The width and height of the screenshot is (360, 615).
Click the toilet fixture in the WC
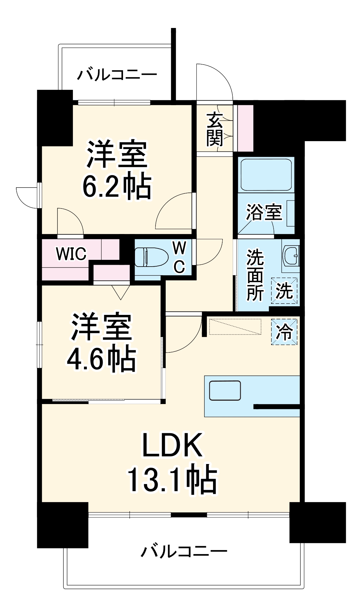click(x=151, y=257)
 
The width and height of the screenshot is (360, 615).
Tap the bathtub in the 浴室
click(x=266, y=175)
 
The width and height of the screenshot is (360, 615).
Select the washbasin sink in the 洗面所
click(x=291, y=255)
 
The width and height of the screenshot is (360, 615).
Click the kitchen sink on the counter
click(x=225, y=391)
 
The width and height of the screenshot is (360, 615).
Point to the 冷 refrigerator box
click(x=284, y=331)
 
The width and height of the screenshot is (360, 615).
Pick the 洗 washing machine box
click(x=284, y=291)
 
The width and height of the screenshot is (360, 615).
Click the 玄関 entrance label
click(x=215, y=129)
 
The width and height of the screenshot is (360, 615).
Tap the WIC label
click(x=71, y=254)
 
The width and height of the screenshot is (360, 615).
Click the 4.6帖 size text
click(x=101, y=359)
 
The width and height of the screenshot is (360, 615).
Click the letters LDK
click(x=172, y=445)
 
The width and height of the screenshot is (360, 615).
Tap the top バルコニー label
click(x=117, y=75)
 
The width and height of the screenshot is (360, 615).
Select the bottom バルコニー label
click(x=184, y=551)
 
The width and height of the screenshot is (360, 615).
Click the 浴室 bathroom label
click(x=264, y=212)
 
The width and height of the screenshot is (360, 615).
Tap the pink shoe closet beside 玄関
click(x=245, y=128)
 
